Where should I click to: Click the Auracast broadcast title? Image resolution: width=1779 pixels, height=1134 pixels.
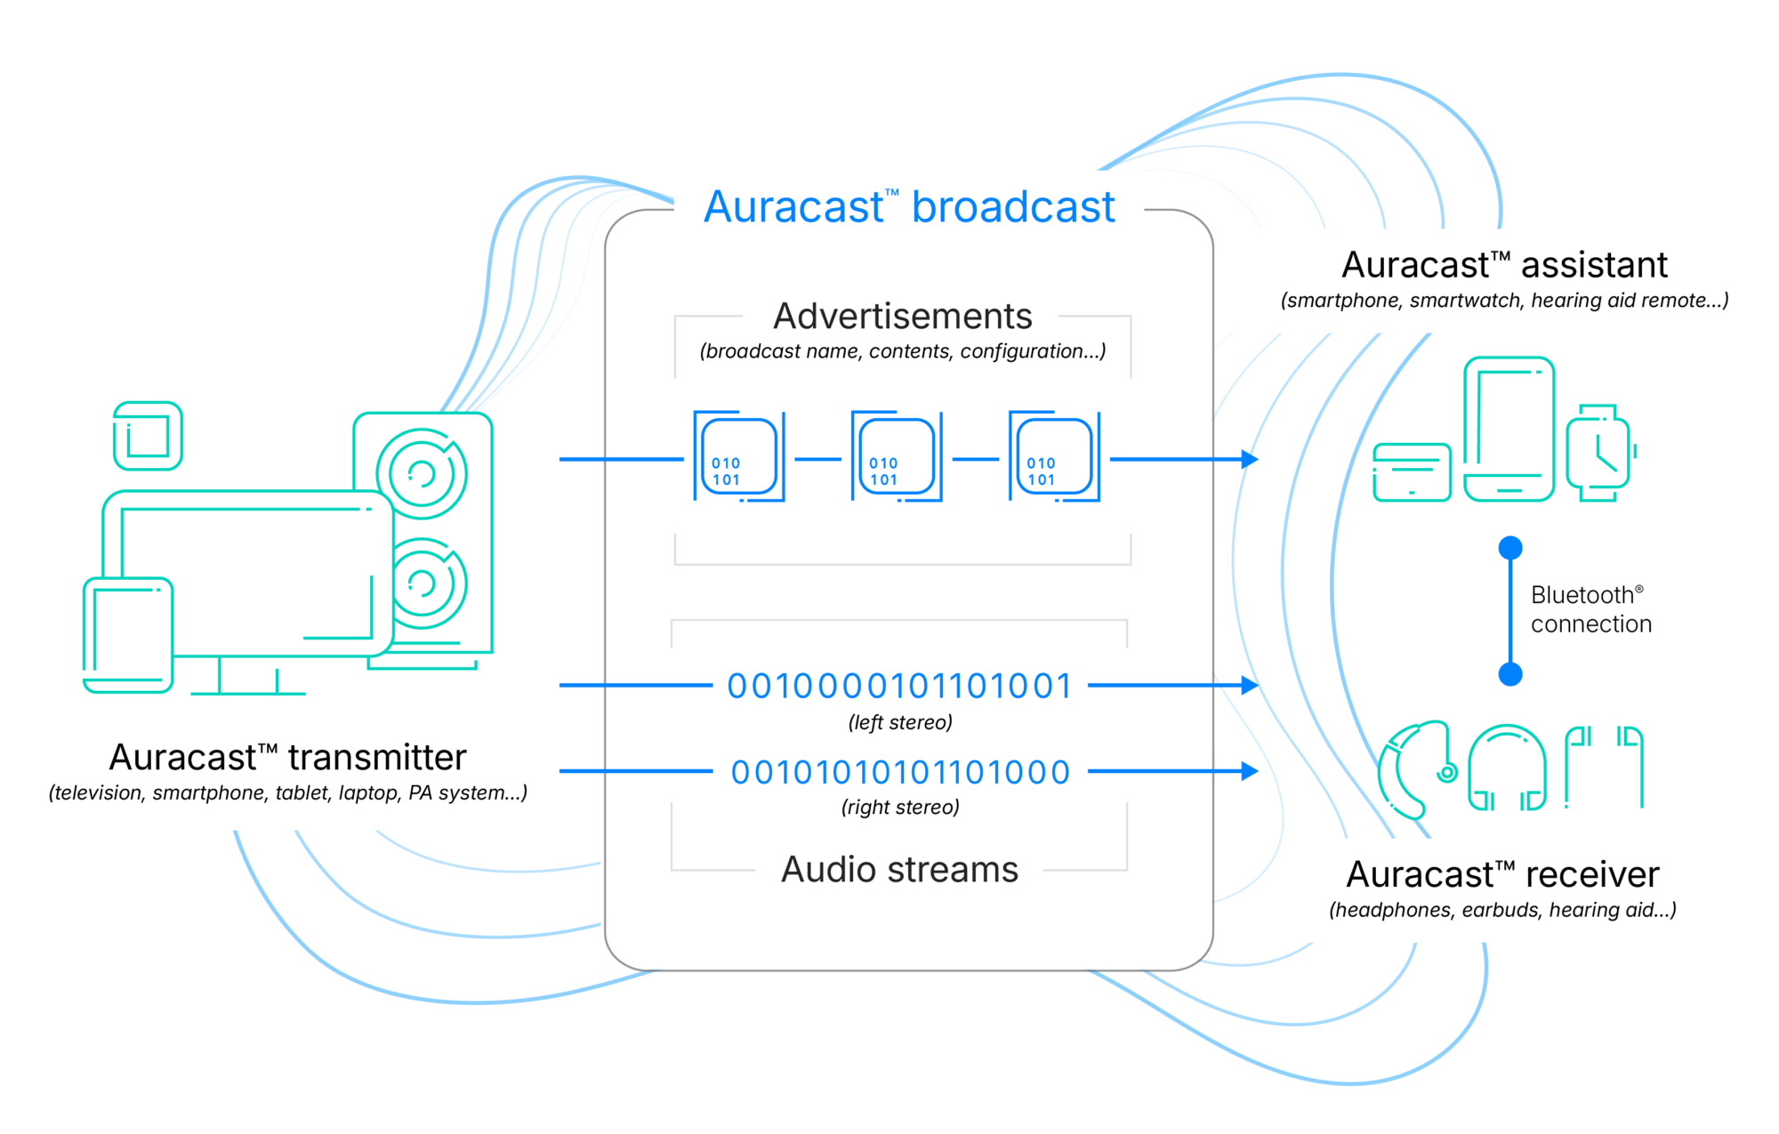click(908, 207)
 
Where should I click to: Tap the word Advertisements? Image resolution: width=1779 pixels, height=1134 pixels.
click(902, 316)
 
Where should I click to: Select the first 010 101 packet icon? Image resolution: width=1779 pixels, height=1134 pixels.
click(739, 456)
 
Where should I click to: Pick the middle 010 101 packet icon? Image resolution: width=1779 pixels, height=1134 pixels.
click(897, 456)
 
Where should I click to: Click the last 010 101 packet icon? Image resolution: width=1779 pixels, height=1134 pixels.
click(1054, 456)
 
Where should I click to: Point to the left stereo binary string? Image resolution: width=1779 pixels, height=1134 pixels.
click(899, 686)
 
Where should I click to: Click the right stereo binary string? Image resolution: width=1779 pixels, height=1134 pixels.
click(899, 772)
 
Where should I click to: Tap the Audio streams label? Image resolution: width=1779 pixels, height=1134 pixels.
click(899, 869)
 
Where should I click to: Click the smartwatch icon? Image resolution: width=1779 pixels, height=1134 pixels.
click(1599, 453)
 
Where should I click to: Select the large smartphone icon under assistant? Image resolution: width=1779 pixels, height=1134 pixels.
click(1509, 429)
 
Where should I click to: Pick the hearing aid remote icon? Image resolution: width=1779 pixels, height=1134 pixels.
click(1412, 472)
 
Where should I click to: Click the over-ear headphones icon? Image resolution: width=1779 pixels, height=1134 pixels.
click(1507, 768)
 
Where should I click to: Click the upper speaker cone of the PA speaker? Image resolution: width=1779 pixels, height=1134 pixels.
click(422, 473)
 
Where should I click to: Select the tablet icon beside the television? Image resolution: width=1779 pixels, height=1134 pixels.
click(127, 634)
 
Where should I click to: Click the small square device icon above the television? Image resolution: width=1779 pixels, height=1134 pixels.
click(148, 436)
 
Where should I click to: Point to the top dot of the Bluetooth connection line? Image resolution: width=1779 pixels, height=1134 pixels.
click(1510, 548)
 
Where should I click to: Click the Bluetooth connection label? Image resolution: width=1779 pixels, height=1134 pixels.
click(1590, 609)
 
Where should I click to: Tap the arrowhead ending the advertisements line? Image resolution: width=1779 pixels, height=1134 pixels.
click(1250, 459)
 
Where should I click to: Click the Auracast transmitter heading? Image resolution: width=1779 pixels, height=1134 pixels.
click(287, 757)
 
